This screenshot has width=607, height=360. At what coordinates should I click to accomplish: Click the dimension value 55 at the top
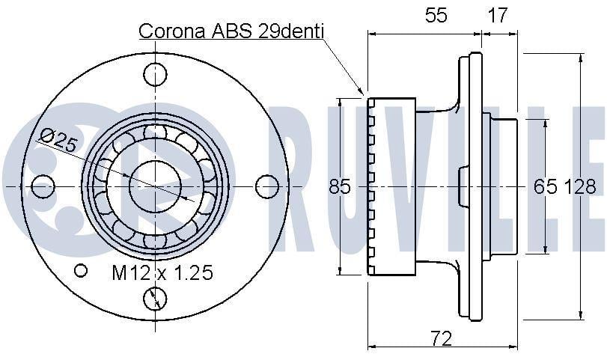436,15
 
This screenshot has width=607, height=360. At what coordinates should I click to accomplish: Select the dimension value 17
497,15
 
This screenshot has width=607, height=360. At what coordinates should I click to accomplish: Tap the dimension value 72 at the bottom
441,339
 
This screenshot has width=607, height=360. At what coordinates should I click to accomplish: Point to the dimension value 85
340,186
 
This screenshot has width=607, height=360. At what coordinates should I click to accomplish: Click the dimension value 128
579,186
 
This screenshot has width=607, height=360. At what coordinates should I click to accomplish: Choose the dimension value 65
546,186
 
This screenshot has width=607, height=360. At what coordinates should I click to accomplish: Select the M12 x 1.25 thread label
162,272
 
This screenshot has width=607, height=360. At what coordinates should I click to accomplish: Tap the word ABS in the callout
232,31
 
